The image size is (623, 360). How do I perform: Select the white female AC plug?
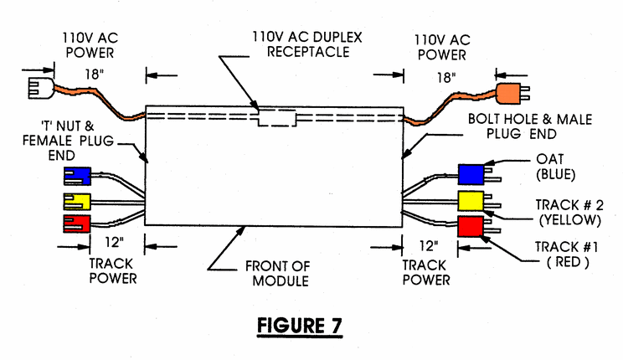coord(38,86)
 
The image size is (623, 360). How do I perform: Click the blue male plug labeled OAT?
coord(471,173)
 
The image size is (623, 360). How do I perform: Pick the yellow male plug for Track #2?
coord(471,201)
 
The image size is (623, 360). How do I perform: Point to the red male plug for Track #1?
coord(471,227)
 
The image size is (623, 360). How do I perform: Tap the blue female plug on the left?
coord(76,176)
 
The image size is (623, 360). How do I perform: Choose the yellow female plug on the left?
coord(76,200)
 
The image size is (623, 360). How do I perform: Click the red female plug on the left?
coord(76,224)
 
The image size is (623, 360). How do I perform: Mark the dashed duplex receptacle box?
coord(277,116)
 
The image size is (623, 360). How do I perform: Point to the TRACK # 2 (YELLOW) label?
coord(569,213)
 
